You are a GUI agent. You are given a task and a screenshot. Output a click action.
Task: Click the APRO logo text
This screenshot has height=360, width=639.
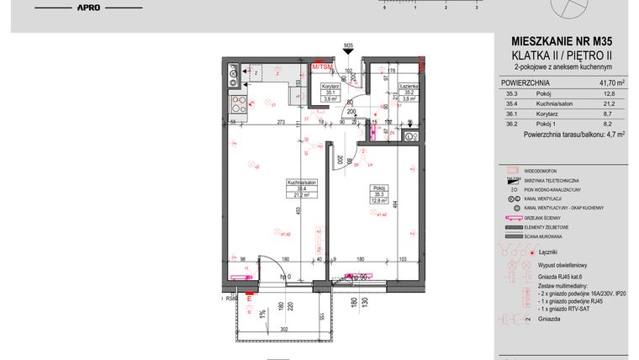pyautogui.click(x=89, y=8)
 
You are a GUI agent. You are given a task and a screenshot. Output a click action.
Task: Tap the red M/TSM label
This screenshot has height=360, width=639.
pyautogui.click(x=321, y=66)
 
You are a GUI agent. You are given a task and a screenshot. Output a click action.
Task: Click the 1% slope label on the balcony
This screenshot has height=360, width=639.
pyautogui.click(x=261, y=313)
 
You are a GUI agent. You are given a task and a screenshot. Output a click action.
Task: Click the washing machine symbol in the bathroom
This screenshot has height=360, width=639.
pyautogui.click(x=409, y=136)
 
